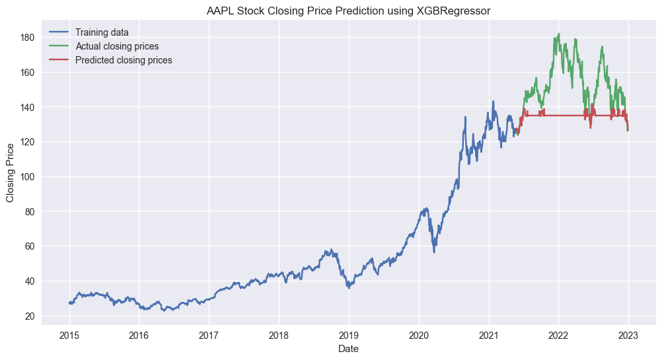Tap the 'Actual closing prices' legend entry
[116, 46]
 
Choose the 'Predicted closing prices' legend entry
[123, 60]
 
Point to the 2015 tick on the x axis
[69, 335]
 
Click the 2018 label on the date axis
[279, 335]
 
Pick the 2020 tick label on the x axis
[419, 335]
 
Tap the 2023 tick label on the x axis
[628, 335]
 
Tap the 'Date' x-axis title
[348, 348]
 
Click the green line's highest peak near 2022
[559, 34]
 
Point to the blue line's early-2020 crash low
[434, 252]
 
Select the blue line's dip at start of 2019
[349, 287]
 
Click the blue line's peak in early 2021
[493, 102]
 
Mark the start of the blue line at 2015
[69, 303]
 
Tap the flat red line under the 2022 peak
[559, 116]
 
